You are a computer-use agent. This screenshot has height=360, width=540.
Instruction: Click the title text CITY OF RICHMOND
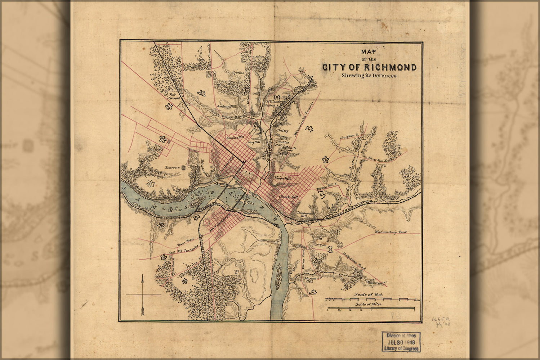[x=369, y=67]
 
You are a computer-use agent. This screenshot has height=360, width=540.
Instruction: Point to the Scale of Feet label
[x=369, y=294]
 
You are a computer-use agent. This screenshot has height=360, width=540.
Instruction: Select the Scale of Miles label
[x=368, y=304]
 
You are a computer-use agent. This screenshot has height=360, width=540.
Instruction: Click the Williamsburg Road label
[x=391, y=232]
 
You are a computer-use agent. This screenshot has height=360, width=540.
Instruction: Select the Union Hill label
[x=282, y=178]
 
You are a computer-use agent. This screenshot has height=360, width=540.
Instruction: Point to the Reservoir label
[x=172, y=167]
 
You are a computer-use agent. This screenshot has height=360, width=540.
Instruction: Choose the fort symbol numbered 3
[x=326, y=159]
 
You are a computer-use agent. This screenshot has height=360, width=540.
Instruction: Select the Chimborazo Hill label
[x=305, y=214]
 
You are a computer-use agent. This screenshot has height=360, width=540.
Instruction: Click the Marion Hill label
[x=311, y=280]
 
